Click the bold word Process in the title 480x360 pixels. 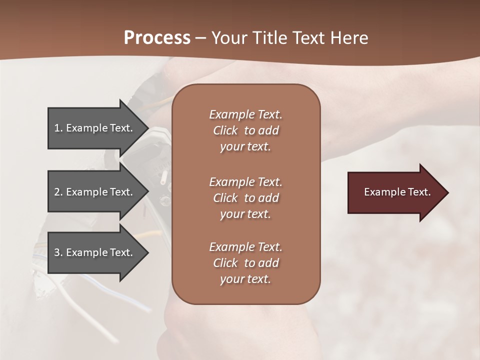coord(157,38)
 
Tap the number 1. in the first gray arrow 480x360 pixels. coord(58,128)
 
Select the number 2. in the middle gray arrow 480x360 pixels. coord(58,192)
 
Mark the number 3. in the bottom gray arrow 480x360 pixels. coord(58,252)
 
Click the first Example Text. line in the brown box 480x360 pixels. coord(245,114)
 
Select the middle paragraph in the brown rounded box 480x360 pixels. coord(245,198)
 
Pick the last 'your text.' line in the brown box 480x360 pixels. coord(245,279)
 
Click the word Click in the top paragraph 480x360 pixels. coord(225,130)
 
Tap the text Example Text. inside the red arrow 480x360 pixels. coord(397,192)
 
